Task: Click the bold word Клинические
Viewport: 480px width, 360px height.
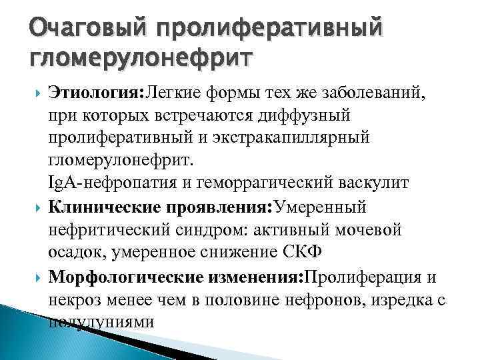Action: [x=100, y=207]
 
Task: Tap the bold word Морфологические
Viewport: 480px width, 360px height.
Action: [x=118, y=276]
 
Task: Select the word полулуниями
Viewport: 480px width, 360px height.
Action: [x=101, y=321]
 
